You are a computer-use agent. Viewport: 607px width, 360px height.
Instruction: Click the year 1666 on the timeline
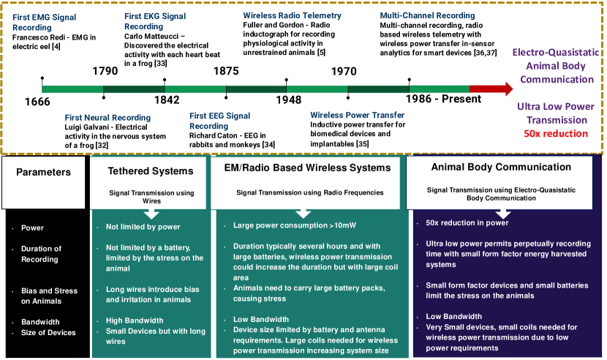pyautogui.click(x=37, y=102)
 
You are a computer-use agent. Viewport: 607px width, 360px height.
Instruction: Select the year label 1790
pyautogui.click(x=105, y=71)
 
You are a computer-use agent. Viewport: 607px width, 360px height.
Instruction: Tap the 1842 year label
pyautogui.click(x=167, y=100)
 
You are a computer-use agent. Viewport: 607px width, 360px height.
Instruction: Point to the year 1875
pyautogui.click(x=226, y=71)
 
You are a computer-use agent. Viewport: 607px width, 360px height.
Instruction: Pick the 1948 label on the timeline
pyautogui.click(x=288, y=100)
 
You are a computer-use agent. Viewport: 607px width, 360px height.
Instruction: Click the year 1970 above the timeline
pyautogui.click(x=344, y=71)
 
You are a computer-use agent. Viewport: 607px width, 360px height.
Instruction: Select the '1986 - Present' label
pyautogui.click(x=443, y=99)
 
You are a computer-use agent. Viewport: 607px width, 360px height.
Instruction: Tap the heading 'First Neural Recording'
pyautogui.click(x=108, y=117)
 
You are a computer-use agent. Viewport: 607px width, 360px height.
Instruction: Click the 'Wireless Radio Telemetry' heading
pyautogui.click(x=293, y=15)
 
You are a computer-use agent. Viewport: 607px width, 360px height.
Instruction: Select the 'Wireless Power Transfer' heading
pyautogui.click(x=358, y=115)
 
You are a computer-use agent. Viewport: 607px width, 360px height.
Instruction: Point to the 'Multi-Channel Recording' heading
pyautogui.click(x=427, y=15)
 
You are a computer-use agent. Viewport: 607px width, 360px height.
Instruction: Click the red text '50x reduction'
pyautogui.click(x=556, y=134)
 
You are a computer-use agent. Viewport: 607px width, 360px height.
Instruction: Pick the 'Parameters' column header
pyautogui.click(x=43, y=172)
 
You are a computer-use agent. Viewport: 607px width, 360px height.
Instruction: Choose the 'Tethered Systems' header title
pyautogui.click(x=151, y=171)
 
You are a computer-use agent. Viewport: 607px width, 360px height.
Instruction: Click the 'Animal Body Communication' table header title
pyautogui.click(x=501, y=167)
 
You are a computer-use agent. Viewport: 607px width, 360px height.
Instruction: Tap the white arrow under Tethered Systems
pyautogui.click(x=151, y=214)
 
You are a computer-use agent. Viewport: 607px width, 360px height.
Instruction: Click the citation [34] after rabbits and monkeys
pyautogui.click(x=268, y=145)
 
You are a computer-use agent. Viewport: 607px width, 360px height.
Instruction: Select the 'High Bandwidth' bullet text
pyautogui.click(x=135, y=320)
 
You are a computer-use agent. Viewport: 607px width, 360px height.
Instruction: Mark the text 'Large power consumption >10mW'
pyautogui.click(x=295, y=225)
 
